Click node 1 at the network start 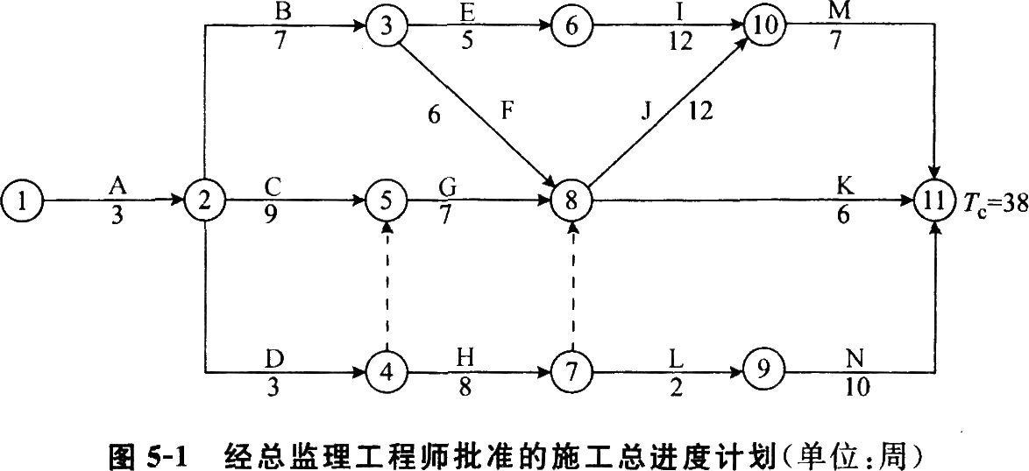(21, 201)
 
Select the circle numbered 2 (203, 201)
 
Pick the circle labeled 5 (386, 201)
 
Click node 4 (386, 374)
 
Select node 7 (571, 374)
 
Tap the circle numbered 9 (762, 374)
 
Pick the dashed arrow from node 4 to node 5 (386, 287)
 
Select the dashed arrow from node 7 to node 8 (572, 287)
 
